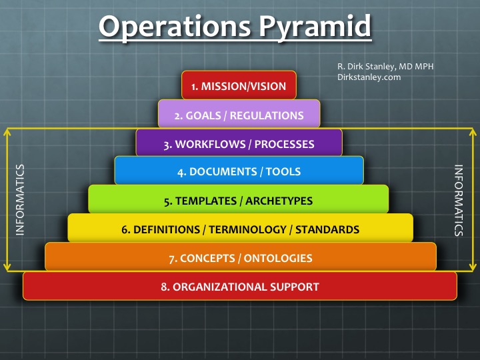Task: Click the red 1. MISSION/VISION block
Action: [239, 86]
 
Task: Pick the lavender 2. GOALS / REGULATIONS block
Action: [239, 115]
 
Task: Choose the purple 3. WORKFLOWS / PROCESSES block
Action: [239, 143]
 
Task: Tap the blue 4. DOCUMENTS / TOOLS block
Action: [239, 171]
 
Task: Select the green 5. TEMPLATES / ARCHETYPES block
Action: [239, 200]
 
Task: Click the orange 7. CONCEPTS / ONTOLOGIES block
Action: [240, 257]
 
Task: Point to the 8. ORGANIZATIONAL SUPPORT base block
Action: [240, 287]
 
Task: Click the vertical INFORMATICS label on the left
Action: [20, 199]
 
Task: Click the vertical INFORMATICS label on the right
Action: [459, 200]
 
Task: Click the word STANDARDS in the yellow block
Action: [327, 229]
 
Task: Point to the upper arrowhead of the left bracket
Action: [7, 131]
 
